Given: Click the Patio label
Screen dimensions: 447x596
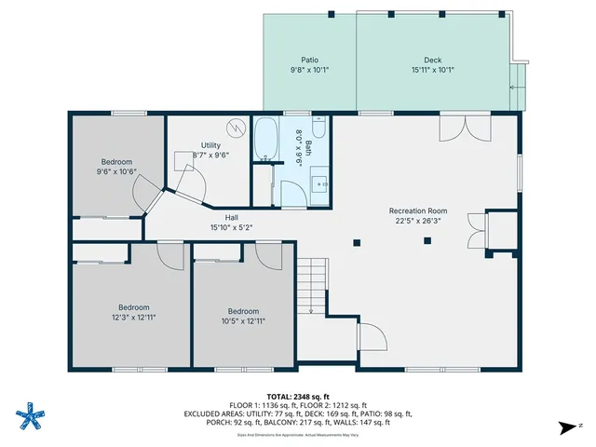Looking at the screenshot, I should [309, 59].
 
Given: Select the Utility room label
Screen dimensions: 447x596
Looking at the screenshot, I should [210, 145].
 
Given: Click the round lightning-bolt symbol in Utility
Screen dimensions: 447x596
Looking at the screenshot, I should [234, 128].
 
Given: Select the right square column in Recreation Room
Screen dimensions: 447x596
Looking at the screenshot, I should [427, 241].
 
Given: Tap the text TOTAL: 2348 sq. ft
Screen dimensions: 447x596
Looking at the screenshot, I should [298, 396].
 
